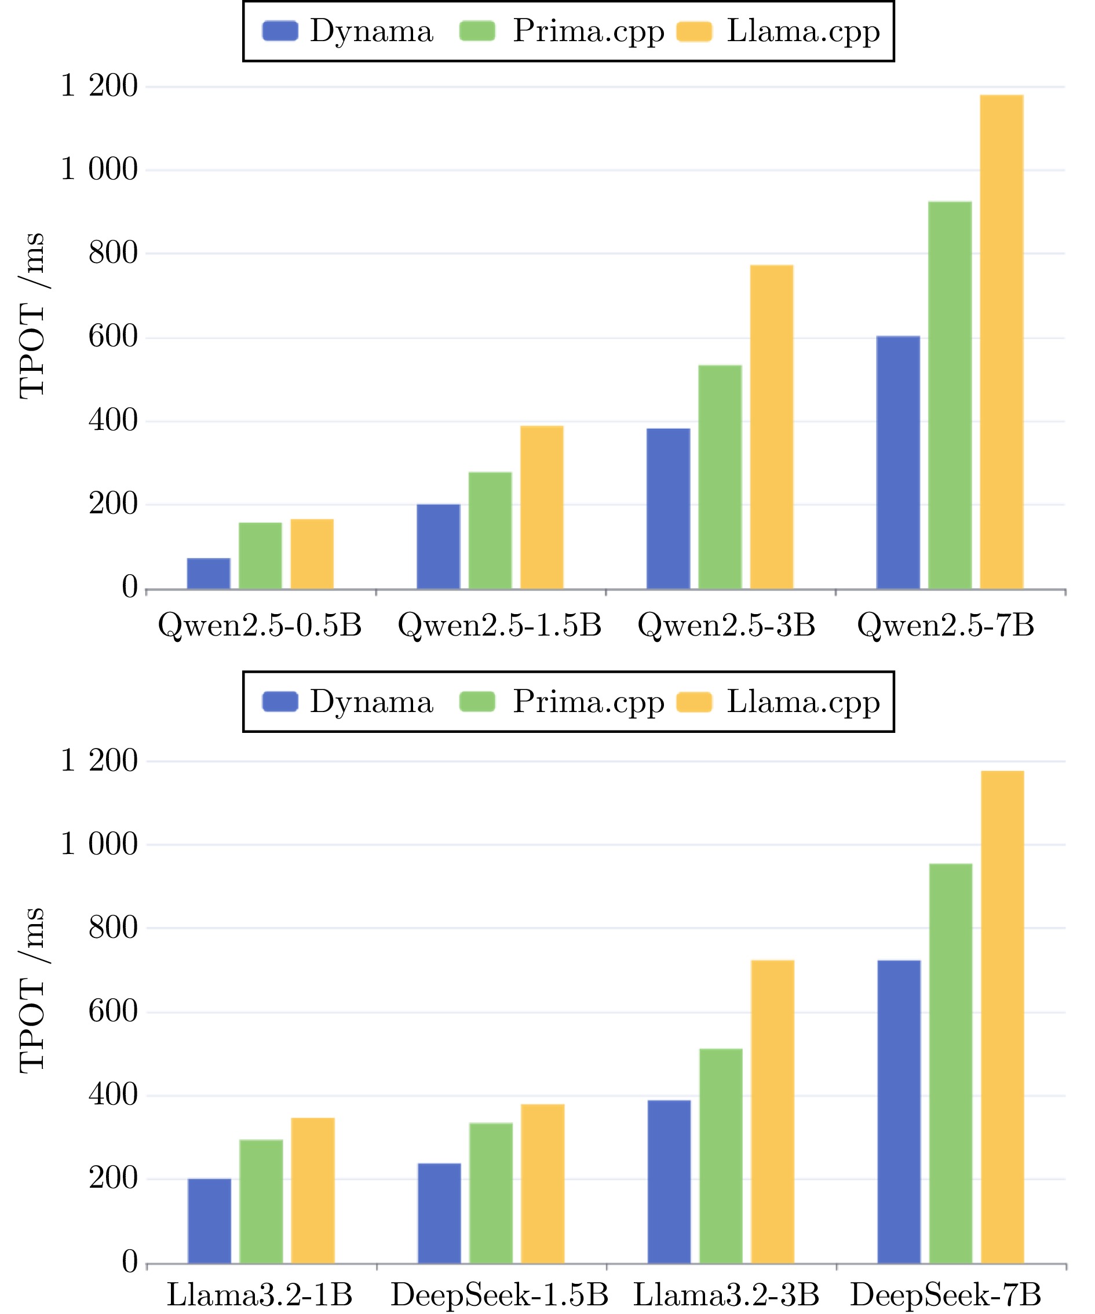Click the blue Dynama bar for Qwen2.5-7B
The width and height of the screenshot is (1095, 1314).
[x=898, y=462]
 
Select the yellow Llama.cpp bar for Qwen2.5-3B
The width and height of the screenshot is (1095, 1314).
[x=772, y=427]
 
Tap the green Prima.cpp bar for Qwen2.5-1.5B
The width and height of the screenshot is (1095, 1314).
[x=490, y=530]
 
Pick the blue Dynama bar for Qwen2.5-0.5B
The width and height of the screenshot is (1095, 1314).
[x=209, y=573]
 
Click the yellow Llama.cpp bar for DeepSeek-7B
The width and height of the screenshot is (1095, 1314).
[x=1002, y=1017]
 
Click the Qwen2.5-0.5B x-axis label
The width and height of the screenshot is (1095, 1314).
[x=260, y=625]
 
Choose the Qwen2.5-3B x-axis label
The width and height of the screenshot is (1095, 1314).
[x=727, y=625]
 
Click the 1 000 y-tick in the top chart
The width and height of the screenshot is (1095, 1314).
[x=99, y=170]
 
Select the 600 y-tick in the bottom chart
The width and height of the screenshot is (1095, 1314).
[x=112, y=1012]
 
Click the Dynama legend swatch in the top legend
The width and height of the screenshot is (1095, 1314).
[x=280, y=31]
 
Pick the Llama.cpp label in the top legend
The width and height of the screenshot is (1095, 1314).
[x=804, y=31]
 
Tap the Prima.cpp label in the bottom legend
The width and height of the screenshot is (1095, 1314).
[x=588, y=702]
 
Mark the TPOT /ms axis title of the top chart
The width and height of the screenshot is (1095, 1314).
[x=31, y=316]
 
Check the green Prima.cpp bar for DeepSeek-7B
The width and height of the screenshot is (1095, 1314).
[x=951, y=1063]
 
